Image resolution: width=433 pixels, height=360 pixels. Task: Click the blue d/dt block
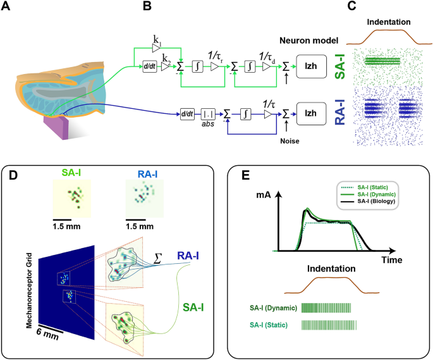click(186, 115)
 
